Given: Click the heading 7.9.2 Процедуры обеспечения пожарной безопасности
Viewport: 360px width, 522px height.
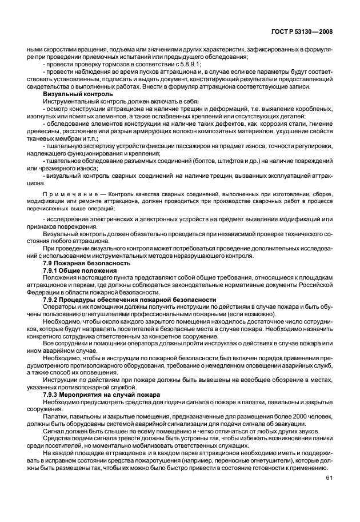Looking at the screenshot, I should pyautogui.click(x=122, y=300).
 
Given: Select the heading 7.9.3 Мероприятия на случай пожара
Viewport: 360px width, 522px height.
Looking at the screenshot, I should pyautogui.click(x=102, y=396).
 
